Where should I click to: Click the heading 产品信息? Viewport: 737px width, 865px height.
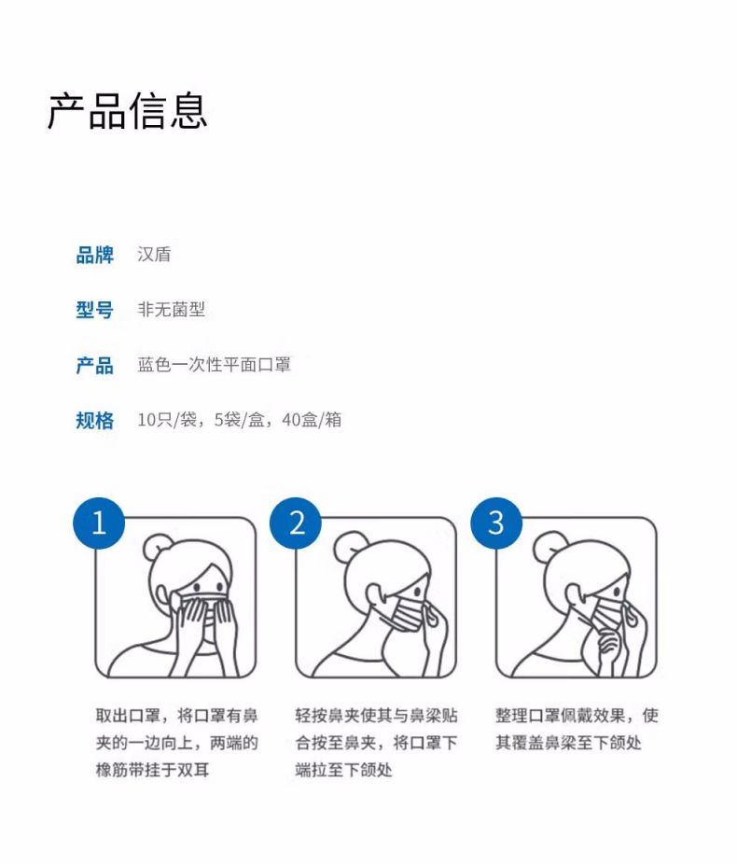coord(127,110)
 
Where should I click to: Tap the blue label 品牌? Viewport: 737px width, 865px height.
coord(94,255)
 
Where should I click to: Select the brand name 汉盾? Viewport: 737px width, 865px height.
coord(154,255)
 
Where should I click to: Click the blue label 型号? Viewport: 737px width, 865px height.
coord(94,310)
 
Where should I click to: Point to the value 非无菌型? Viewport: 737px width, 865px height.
coord(171,310)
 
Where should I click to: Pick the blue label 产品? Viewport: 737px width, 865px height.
coord(94,365)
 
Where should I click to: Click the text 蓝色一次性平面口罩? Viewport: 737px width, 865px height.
coord(214,365)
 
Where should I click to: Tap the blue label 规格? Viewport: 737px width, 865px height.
coord(94,420)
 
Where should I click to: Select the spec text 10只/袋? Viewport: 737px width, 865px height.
coord(167,420)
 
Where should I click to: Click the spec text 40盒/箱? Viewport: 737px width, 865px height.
coord(311,420)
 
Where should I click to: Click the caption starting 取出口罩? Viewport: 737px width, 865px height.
coord(176,743)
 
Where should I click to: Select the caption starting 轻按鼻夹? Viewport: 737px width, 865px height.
coord(376,743)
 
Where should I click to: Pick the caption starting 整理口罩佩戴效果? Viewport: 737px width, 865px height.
coord(576,730)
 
